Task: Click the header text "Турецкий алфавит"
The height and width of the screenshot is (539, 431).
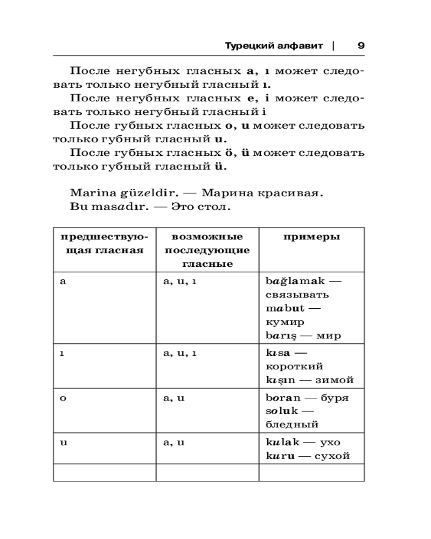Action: point(274,46)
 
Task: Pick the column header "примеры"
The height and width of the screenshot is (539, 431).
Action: point(311,237)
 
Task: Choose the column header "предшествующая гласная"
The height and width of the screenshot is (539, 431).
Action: point(104,244)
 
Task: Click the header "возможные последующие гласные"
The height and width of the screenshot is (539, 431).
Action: point(207,251)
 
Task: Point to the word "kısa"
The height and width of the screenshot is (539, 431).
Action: point(279,353)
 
